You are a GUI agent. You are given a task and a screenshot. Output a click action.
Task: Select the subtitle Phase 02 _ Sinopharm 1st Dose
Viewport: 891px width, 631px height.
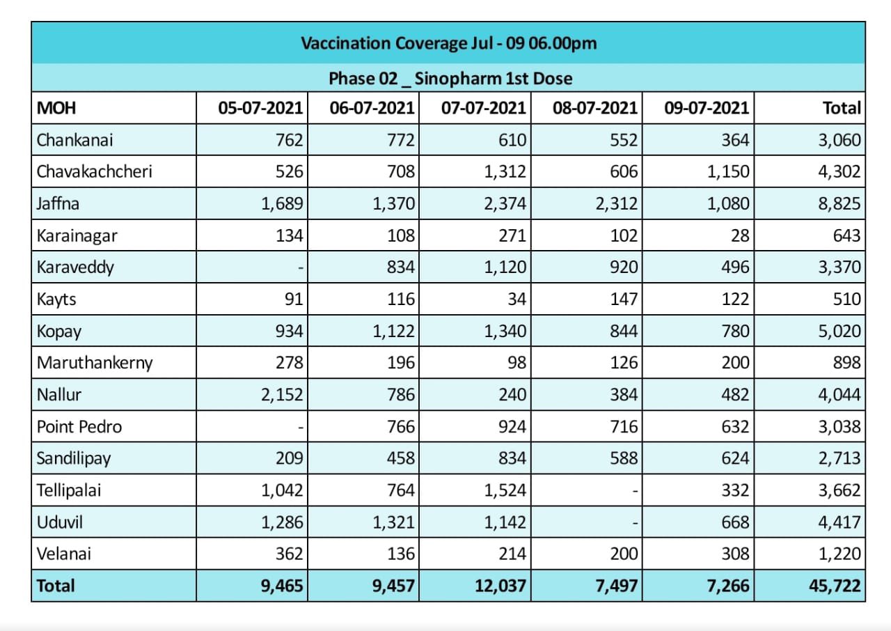(x=450, y=79)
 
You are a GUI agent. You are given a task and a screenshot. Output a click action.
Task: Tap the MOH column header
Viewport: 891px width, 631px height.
(x=56, y=108)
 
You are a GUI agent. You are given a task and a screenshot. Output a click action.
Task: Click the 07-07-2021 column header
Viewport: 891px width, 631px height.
(x=483, y=108)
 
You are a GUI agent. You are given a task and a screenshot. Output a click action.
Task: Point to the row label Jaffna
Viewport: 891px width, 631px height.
(x=58, y=203)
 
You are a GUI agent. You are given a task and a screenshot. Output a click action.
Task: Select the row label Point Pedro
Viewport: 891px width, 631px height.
(x=79, y=426)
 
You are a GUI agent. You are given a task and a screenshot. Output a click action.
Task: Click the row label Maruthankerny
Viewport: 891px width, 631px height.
(x=95, y=363)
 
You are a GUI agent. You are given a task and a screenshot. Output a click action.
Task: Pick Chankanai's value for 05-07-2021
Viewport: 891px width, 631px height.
(x=289, y=140)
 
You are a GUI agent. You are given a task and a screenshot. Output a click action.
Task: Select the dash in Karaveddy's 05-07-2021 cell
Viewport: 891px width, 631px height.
(x=301, y=267)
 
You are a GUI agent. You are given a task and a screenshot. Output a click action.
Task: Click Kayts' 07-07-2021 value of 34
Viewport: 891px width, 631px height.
(x=517, y=299)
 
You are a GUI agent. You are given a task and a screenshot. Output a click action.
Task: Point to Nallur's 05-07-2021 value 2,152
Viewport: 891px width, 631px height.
(x=282, y=395)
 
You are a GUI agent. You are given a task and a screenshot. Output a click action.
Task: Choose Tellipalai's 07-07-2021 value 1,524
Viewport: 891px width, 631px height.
(x=505, y=490)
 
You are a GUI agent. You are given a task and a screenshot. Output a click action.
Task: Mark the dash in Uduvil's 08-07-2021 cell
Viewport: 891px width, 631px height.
(x=636, y=523)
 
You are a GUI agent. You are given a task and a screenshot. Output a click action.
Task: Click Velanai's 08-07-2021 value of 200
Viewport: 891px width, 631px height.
(x=624, y=554)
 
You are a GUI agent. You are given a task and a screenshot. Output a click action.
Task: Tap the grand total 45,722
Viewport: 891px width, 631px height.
(x=835, y=586)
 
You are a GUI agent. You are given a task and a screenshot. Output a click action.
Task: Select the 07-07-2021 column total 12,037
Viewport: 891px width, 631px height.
(x=500, y=586)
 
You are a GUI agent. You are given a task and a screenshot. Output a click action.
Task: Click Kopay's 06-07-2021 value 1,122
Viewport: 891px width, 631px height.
(x=393, y=331)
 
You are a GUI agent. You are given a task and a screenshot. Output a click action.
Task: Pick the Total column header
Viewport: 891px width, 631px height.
(x=842, y=108)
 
